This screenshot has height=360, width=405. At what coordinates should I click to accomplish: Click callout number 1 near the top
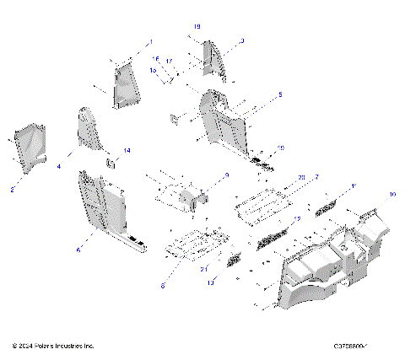coord(152,41)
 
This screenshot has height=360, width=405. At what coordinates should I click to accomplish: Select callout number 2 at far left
coord(13,190)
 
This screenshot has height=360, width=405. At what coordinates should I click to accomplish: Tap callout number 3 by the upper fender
coord(242,40)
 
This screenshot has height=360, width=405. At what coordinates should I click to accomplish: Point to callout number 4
coord(59,168)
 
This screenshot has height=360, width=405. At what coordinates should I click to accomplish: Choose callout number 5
coord(280,94)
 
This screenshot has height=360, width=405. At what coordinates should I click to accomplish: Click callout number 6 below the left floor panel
coord(78,250)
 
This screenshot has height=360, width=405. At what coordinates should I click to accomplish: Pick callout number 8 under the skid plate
coord(165,287)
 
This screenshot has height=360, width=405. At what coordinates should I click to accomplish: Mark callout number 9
coord(227,175)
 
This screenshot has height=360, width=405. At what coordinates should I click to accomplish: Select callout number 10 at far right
coord(391,194)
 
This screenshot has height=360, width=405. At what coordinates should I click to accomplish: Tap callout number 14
coord(127,150)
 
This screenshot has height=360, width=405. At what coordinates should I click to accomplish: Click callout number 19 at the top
coord(197,27)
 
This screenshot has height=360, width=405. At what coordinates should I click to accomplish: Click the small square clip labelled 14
coord(109,159)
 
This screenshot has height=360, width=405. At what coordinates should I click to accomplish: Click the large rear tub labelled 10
coord(329,261)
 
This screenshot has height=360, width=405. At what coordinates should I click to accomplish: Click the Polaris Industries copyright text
coord(53,346)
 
